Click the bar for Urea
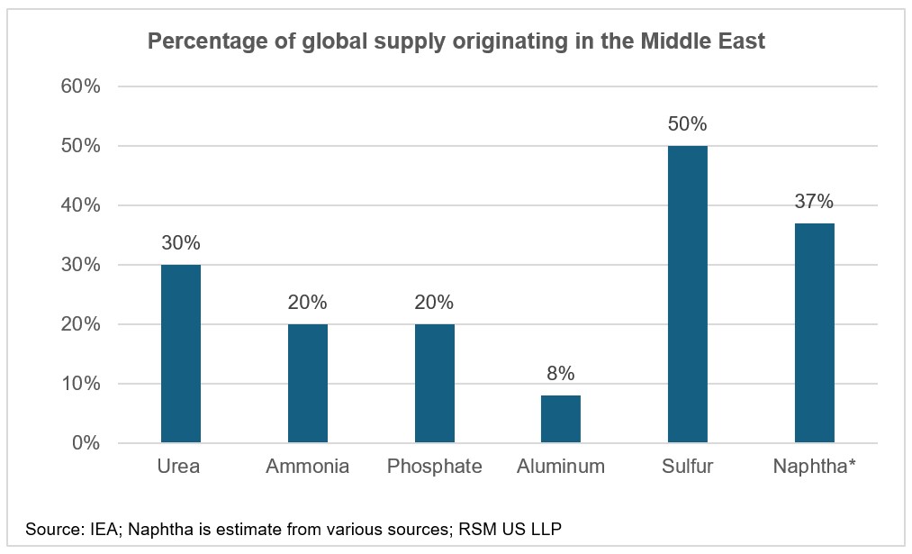click(180, 354)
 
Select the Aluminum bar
click(561, 419)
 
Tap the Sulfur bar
click(687, 295)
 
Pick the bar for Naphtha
click(814, 333)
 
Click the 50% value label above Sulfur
click(687, 123)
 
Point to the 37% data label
click(814, 201)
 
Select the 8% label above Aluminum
click(561, 373)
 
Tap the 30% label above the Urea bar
click(180, 242)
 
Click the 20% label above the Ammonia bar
click(307, 302)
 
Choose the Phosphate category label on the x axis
click(434, 467)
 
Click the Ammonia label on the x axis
click(307, 467)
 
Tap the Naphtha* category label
click(814, 467)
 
